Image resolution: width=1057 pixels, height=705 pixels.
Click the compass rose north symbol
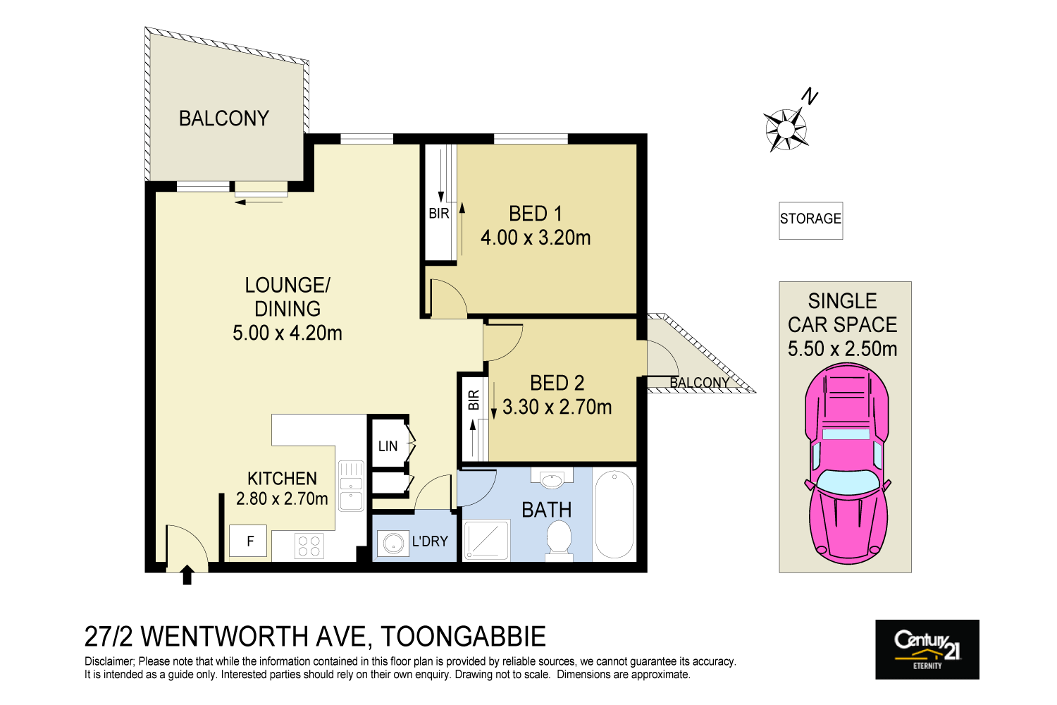pyautogui.click(x=786, y=129)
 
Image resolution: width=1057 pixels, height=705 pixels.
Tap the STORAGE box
pyautogui.click(x=810, y=219)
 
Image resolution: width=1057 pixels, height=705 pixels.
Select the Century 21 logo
pyautogui.click(x=927, y=649)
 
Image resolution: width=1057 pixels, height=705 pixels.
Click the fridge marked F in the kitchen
pyautogui.click(x=248, y=541)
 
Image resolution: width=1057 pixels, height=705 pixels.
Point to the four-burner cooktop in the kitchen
pyautogui.click(x=309, y=546)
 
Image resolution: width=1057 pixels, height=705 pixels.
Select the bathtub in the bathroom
pyautogui.click(x=614, y=514)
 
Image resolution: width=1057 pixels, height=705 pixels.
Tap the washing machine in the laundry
pyautogui.click(x=393, y=544)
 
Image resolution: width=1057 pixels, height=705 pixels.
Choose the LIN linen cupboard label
pyautogui.click(x=388, y=446)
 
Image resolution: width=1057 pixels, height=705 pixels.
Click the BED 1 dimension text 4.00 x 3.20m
pyautogui.click(x=536, y=238)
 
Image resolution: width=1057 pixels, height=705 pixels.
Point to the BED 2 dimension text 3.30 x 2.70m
pyautogui.click(x=557, y=407)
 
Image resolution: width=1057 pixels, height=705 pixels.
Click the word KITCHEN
pyautogui.click(x=282, y=479)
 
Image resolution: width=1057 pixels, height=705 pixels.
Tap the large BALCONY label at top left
pyautogui.click(x=224, y=118)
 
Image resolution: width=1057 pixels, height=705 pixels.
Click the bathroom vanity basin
pyautogui.click(x=552, y=479)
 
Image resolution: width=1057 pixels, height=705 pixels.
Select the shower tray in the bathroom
pyautogui.click(x=486, y=540)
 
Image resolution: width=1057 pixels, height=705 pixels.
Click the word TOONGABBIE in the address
pyautogui.click(x=463, y=637)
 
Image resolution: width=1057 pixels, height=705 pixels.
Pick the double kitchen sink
pyautogui.click(x=351, y=486)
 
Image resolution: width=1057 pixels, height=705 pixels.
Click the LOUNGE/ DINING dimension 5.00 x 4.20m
pyautogui.click(x=288, y=333)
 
